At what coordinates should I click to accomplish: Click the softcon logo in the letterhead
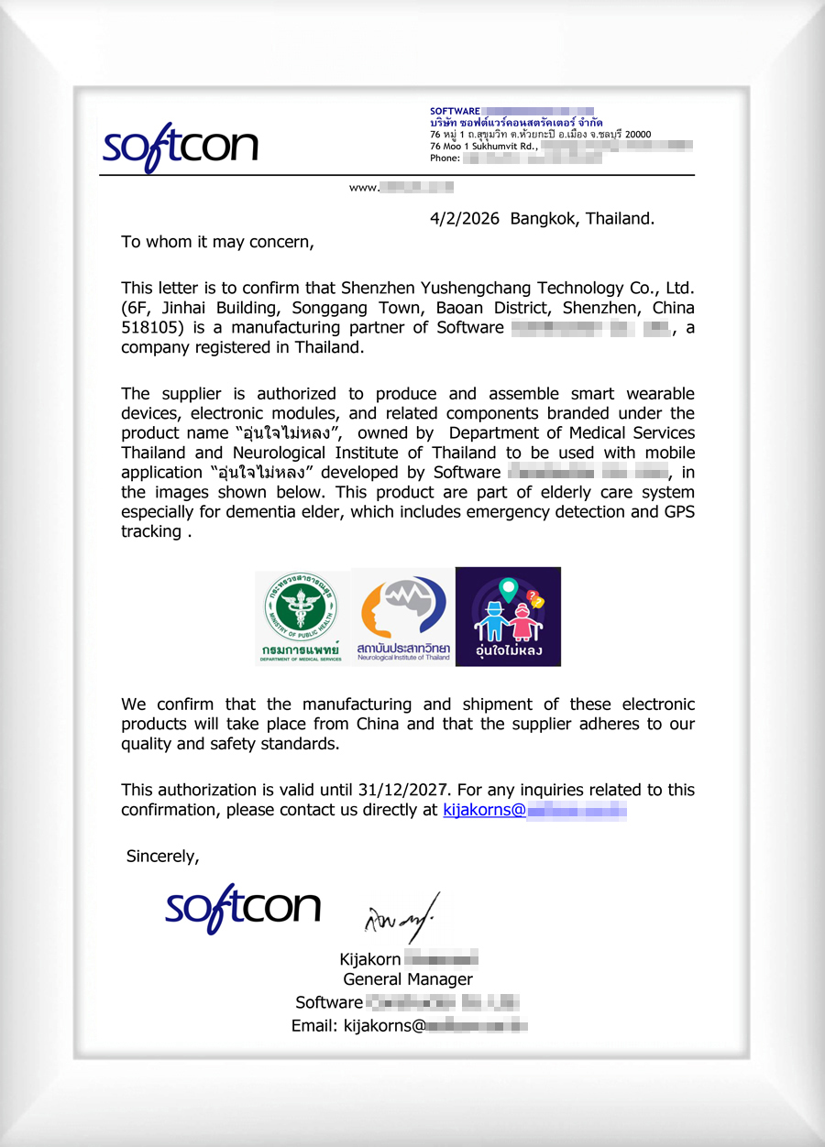(x=180, y=147)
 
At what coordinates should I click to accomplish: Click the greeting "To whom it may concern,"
(x=217, y=243)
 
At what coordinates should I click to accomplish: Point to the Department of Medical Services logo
(x=302, y=617)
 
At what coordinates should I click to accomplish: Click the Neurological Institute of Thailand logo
(x=403, y=617)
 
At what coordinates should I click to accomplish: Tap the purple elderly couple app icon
(x=508, y=617)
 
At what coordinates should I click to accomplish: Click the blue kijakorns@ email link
(x=484, y=810)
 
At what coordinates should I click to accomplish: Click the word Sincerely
(x=162, y=857)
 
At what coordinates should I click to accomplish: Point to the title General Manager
(x=408, y=980)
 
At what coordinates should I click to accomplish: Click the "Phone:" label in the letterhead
(x=445, y=158)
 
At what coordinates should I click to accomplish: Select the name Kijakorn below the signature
(x=370, y=960)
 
